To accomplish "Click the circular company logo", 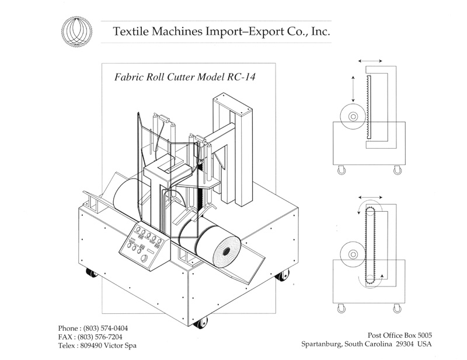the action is [x=77, y=32].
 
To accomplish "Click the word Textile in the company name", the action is [x=131, y=32].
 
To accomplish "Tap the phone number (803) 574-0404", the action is [x=106, y=328].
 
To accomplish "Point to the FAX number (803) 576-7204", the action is [x=100, y=337].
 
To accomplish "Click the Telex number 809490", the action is [x=92, y=345].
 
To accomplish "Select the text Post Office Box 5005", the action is [x=400, y=335].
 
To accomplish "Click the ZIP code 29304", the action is [x=405, y=344].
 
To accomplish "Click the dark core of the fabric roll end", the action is [x=226, y=251].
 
